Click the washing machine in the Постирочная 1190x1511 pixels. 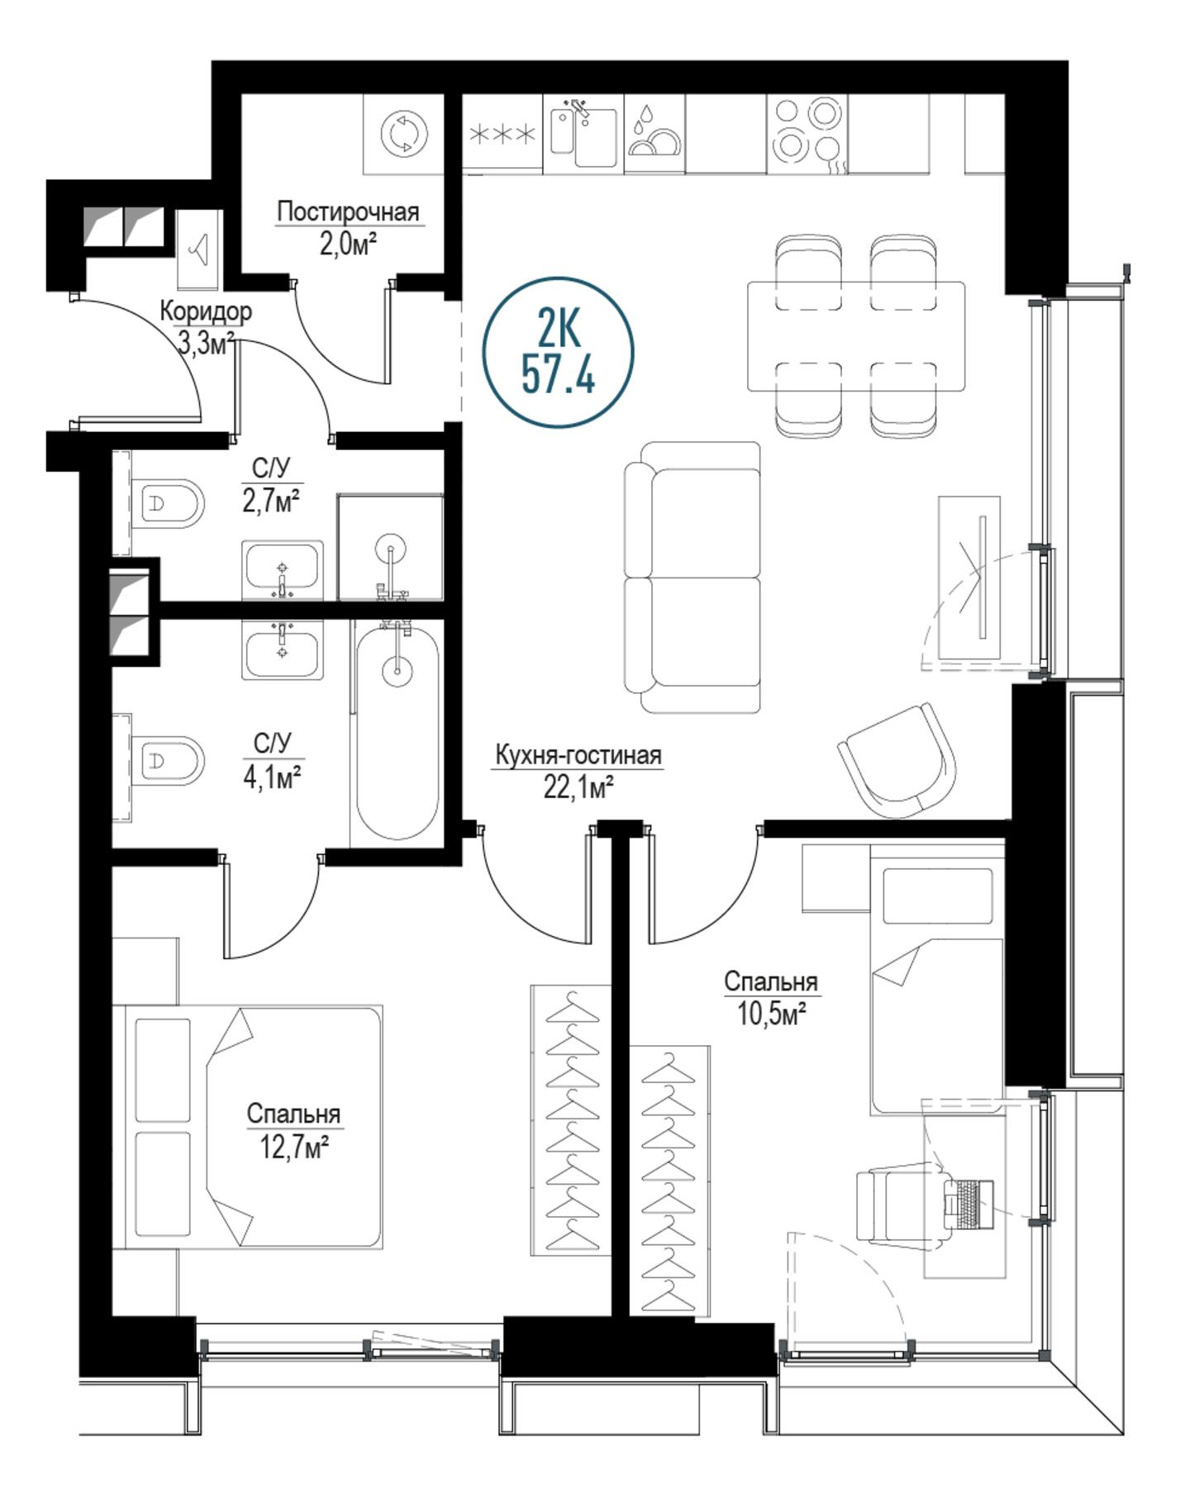point(405,133)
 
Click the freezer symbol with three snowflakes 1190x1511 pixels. point(502,134)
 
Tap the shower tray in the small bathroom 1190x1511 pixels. point(390,547)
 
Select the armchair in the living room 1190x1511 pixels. point(898,760)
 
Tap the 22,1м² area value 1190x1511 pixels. point(578,788)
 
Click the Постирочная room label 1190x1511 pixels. point(348,211)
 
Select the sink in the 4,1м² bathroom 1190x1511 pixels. point(283,649)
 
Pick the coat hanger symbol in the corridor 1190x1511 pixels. point(199,248)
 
